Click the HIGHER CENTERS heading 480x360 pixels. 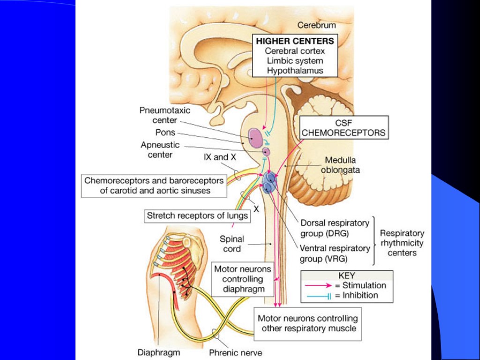click(x=295, y=41)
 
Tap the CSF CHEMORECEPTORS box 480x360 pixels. click(x=344, y=127)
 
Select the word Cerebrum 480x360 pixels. click(x=316, y=25)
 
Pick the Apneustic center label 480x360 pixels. click(x=160, y=150)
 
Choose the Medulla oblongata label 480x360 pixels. click(x=340, y=165)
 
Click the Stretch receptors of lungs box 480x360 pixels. click(x=197, y=216)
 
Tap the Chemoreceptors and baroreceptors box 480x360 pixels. click(x=155, y=186)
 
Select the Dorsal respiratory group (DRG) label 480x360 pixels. click(x=335, y=228)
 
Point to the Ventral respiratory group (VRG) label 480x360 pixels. click(x=335, y=253)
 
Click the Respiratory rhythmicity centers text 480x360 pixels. click(x=402, y=243)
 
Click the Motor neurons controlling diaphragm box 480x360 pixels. click(x=242, y=279)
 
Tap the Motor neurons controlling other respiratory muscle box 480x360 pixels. click(x=308, y=323)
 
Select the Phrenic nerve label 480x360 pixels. click(x=235, y=352)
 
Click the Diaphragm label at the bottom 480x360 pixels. click(x=158, y=352)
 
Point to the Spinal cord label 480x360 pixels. click(x=232, y=244)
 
